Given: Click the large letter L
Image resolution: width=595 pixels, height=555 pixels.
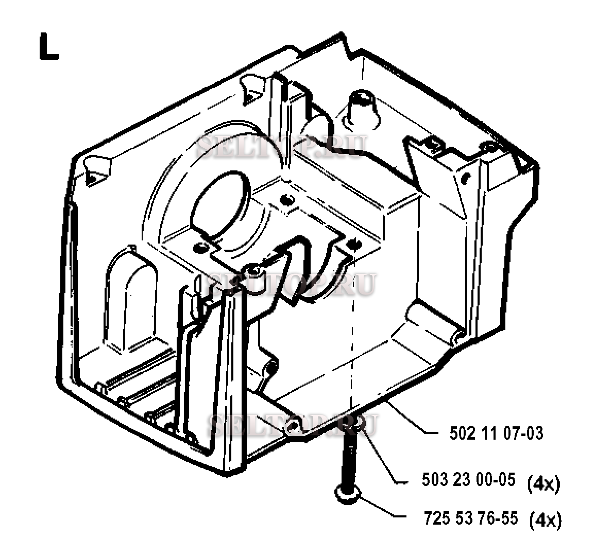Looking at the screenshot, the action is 48,47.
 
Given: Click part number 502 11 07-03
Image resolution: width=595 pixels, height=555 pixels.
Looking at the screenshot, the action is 496,433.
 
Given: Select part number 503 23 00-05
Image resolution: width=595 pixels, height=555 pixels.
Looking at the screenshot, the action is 469,479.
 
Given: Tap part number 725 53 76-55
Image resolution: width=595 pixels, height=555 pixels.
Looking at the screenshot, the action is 470,518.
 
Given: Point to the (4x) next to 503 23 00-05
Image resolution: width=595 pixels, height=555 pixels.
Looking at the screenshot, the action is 544,484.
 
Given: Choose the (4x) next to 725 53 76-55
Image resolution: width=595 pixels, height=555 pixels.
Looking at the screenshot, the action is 546,520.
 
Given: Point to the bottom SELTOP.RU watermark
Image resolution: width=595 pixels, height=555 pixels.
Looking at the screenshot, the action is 293,425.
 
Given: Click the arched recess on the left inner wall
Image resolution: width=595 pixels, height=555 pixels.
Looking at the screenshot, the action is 131,299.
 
